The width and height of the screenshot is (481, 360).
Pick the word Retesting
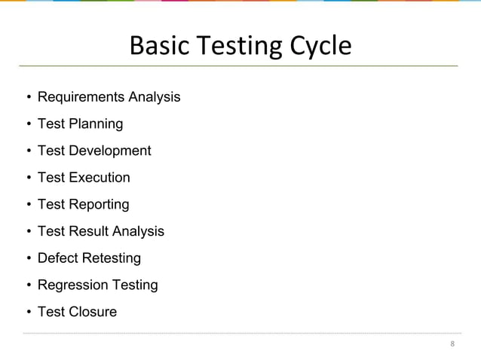pyautogui.click(x=112, y=258)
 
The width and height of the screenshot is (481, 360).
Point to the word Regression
pyautogui.click(x=72, y=285)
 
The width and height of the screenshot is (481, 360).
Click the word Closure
pyautogui.click(x=93, y=311)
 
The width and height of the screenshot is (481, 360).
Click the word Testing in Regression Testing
pyautogui.click(x=133, y=285)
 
